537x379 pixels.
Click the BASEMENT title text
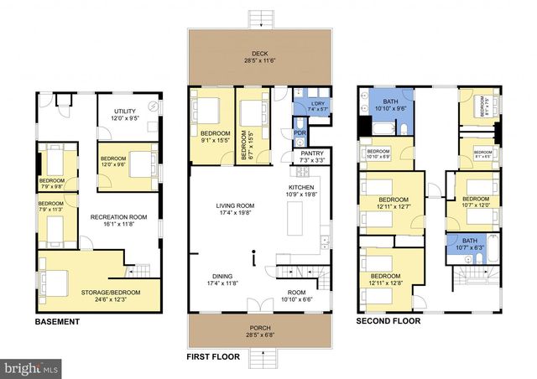click(57, 322)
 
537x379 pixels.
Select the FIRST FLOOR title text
click(212, 357)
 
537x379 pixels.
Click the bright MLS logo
click(32, 367)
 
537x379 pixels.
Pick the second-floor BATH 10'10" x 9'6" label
click(388, 105)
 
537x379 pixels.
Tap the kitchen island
click(295, 219)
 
